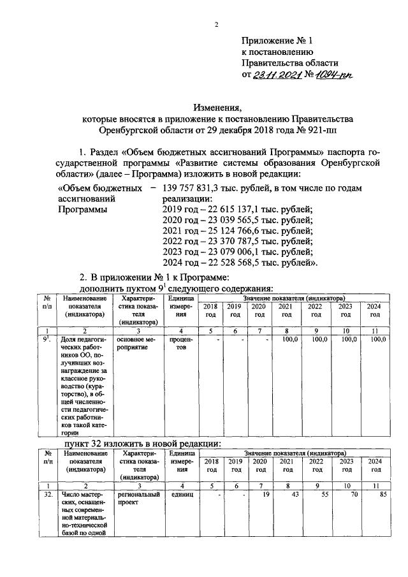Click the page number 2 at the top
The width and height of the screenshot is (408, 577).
tap(216, 25)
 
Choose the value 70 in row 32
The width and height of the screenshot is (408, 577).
tap(353, 494)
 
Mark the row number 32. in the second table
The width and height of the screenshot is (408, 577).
tap(48, 494)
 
